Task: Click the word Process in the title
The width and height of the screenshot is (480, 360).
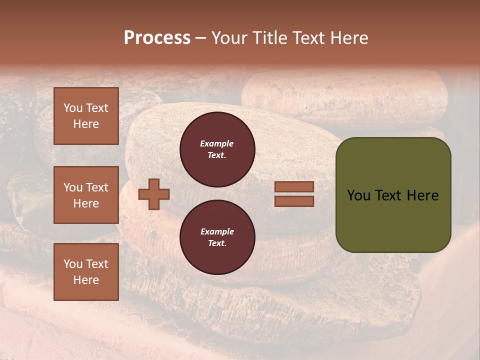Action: (x=157, y=38)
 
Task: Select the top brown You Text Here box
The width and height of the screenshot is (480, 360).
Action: (x=86, y=116)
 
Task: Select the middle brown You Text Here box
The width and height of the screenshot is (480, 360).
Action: (x=86, y=195)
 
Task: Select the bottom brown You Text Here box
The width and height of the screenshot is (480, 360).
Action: (x=86, y=271)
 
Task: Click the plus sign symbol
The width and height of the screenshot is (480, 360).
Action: (x=154, y=194)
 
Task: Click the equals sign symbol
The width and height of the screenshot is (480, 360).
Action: (x=294, y=194)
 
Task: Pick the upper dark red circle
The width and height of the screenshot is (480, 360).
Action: (x=217, y=149)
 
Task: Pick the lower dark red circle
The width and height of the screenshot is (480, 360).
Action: (x=217, y=237)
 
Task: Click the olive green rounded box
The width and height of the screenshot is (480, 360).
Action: (x=393, y=195)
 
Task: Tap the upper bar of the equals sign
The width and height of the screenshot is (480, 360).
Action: (x=294, y=186)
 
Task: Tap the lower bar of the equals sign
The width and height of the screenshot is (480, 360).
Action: (x=294, y=201)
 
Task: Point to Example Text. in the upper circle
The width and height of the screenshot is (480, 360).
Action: (x=217, y=149)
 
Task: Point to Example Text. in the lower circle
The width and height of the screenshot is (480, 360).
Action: (x=217, y=237)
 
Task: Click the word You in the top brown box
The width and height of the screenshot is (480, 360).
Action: (x=72, y=108)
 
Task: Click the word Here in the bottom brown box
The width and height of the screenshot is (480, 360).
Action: (x=86, y=280)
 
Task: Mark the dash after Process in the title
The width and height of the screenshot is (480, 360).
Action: (x=200, y=38)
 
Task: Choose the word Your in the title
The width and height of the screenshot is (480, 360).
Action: (x=230, y=38)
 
